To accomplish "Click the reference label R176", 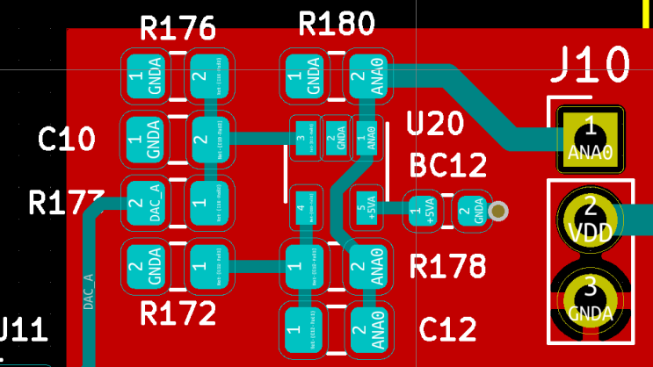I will pyautogui.click(x=178, y=30).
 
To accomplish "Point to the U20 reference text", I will pyautogui.click(x=434, y=126).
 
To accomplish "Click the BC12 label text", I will pyautogui.click(x=447, y=166).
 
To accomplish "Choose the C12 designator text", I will pyautogui.click(x=448, y=329).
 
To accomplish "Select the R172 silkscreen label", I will pyautogui.click(x=178, y=313).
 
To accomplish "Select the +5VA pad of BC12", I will pyautogui.click(x=424, y=212).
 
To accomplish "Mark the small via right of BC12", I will pyautogui.click(x=499, y=211).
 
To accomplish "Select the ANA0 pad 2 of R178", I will pyautogui.click(x=366, y=266).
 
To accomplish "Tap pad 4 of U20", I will pyautogui.click(x=304, y=210).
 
